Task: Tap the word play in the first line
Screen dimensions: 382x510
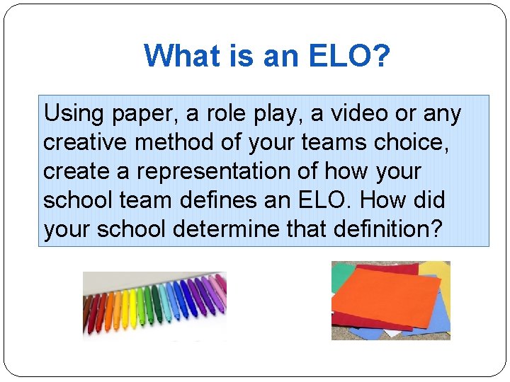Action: [270, 115]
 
